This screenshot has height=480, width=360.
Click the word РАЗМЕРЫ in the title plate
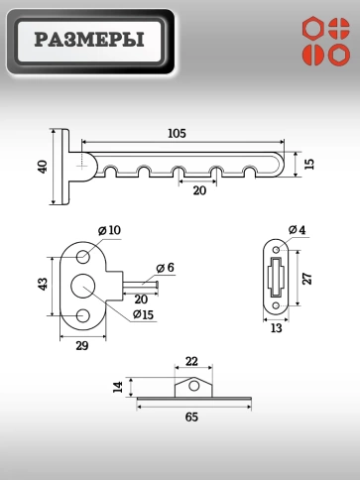89,40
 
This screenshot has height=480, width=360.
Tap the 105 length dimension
178,133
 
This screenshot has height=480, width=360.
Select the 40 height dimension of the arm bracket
43,167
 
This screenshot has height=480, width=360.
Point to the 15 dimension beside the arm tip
309,164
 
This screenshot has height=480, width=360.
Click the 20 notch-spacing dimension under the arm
199,190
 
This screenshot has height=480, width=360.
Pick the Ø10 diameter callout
109,230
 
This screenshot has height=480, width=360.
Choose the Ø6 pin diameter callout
166,268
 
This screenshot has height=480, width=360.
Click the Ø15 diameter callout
143,314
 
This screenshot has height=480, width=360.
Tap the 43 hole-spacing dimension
43,285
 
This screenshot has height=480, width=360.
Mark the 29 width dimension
82,346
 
